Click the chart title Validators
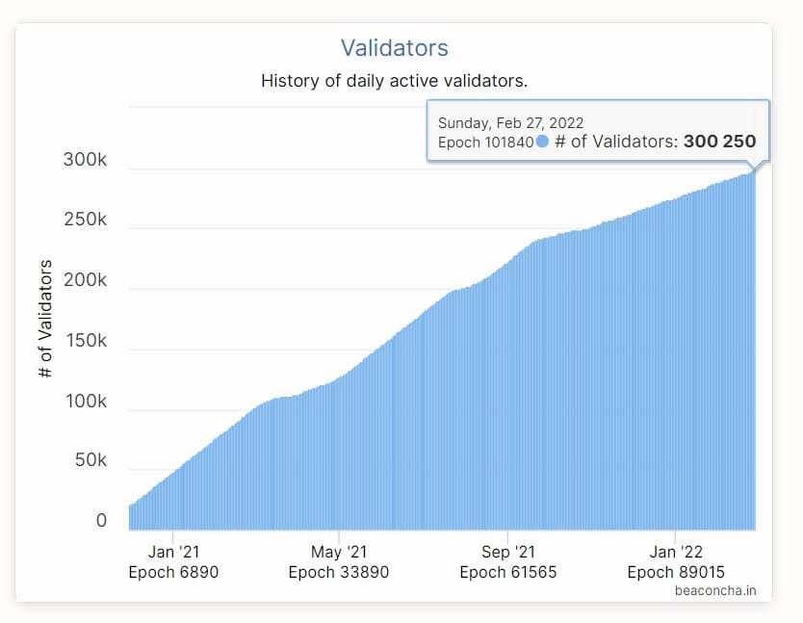tap(395, 47)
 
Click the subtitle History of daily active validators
tap(394, 81)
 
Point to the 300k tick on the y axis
tap(85, 160)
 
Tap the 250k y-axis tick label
tap(85, 220)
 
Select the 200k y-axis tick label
tap(85, 280)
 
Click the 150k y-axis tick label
tap(85, 341)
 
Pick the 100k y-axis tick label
tap(85, 401)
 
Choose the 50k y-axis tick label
tap(90, 461)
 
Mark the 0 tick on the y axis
tap(101, 521)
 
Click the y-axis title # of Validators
tap(45, 318)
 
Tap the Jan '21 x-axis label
tap(174, 552)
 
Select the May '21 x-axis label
tap(340, 552)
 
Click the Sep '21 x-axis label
tap(508, 552)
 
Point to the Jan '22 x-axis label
tap(676, 552)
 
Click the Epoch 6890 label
tap(174, 572)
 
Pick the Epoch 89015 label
tap(676, 572)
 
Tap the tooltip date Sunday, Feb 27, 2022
tap(510, 123)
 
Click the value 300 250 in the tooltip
tap(719, 142)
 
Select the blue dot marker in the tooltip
tap(542, 142)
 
